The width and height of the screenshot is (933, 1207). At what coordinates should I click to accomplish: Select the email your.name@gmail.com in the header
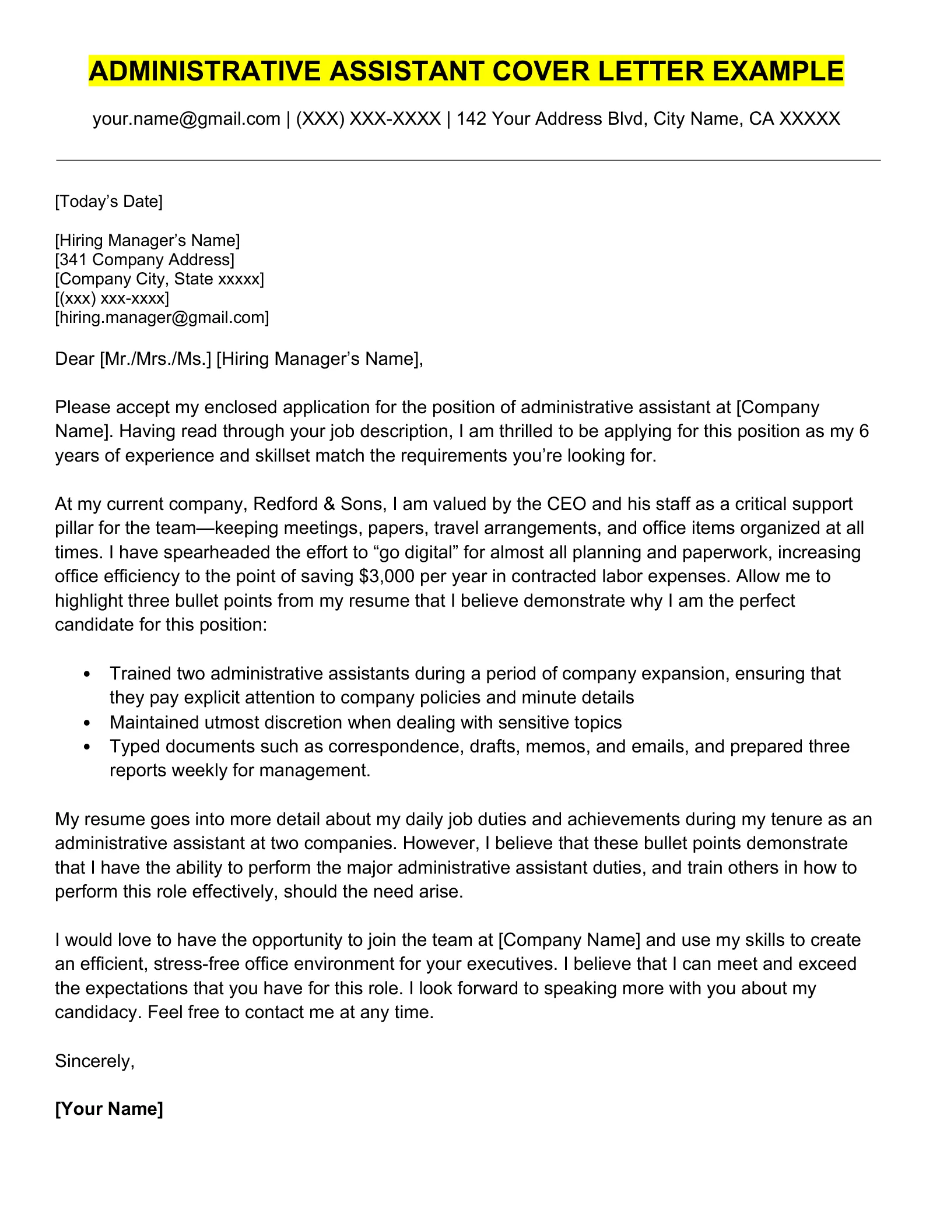(187, 119)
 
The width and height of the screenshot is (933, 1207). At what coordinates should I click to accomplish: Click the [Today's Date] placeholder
(108, 202)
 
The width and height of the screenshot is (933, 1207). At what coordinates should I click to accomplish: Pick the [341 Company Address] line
(145, 259)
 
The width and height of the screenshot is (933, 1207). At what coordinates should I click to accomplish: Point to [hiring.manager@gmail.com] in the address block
(162, 318)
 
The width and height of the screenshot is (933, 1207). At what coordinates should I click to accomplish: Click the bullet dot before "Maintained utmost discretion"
(87, 723)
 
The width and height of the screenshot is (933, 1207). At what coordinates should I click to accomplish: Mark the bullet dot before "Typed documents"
(87, 747)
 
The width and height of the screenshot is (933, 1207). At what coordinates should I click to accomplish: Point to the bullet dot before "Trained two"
(87, 674)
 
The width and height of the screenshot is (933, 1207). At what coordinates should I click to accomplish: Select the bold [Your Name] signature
(109, 1109)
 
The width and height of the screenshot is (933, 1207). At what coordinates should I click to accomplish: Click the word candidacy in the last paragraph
(98, 1012)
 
